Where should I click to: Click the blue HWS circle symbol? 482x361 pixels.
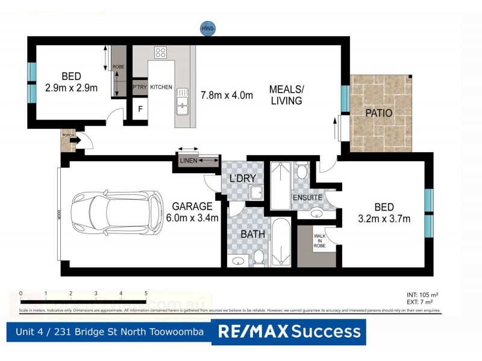click(208, 28)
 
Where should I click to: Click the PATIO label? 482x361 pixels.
click(378, 113)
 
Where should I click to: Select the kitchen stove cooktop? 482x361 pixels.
click(160, 52)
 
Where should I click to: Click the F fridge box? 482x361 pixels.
click(140, 110)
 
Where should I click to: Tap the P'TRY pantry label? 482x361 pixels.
click(140, 87)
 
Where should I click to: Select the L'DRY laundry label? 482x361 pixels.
click(243, 178)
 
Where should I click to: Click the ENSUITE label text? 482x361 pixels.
click(307, 197)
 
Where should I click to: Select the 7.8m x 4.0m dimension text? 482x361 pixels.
click(226, 95)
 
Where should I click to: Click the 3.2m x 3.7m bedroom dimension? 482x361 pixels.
click(384, 218)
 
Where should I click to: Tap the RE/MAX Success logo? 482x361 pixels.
click(289, 332)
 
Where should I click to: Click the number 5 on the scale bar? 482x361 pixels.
click(146, 294)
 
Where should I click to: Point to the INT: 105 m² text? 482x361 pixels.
click(420, 294)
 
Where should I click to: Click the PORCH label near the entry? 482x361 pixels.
click(68, 135)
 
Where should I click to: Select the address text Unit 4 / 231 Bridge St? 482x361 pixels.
click(108, 332)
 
